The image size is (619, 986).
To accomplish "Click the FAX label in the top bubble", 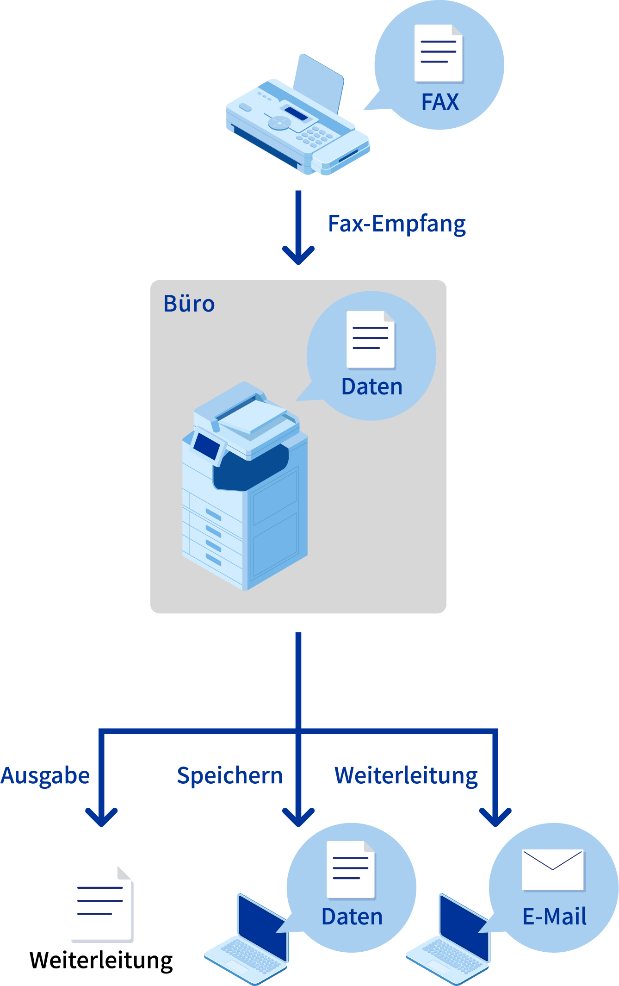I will point(440,102).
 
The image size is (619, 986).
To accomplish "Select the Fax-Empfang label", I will point(397,224).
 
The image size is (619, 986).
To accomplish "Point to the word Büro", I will point(189,304).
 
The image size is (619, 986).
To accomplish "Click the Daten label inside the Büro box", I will point(371,387).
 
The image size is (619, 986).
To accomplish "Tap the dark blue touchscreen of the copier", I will point(207,446).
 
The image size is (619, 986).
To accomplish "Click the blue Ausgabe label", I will point(45,776).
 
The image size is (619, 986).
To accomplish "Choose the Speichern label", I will point(229,776).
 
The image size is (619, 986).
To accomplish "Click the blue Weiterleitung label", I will point(406,776).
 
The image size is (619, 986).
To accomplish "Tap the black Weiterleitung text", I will point(101,961).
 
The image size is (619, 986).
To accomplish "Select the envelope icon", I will point(553,870).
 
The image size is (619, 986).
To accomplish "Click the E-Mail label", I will point(554,917).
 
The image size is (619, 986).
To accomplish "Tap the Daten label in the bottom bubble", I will point(352,917).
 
